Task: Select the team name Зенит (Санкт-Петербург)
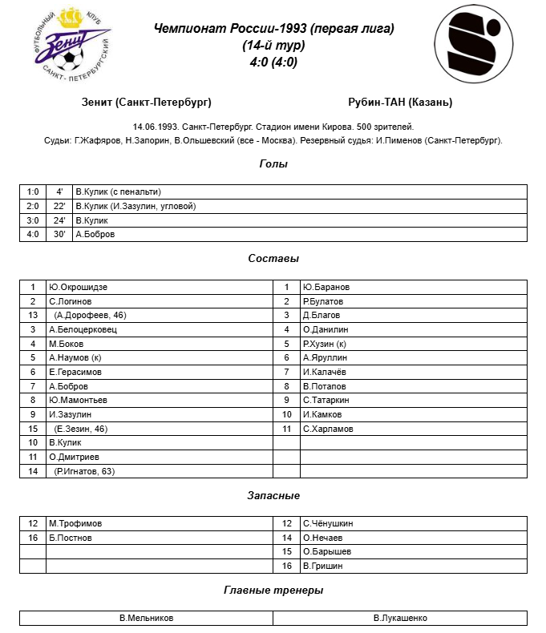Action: [x=147, y=103]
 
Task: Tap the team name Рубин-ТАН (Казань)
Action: [x=400, y=103]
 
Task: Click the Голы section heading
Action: [x=273, y=164]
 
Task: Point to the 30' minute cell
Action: [x=59, y=235]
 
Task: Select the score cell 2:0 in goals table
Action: [x=33, y=206]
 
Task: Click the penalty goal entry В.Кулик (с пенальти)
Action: [x=118, y=192]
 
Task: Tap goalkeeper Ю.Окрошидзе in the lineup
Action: [x=78, y=287]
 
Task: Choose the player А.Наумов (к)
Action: [x=75, y=357]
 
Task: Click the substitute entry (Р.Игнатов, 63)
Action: [x=85, y=471]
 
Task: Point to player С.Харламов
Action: [x=328, y=429]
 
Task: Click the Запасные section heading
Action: [x=273, y=496]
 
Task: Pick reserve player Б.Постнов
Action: [x=71, y=538]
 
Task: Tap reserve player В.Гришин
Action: [x=323, y=566]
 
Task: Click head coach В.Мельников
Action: [x=146, y=618]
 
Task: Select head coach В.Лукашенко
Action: [x=400, y=618]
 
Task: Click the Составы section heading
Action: [x=273, y=259]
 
